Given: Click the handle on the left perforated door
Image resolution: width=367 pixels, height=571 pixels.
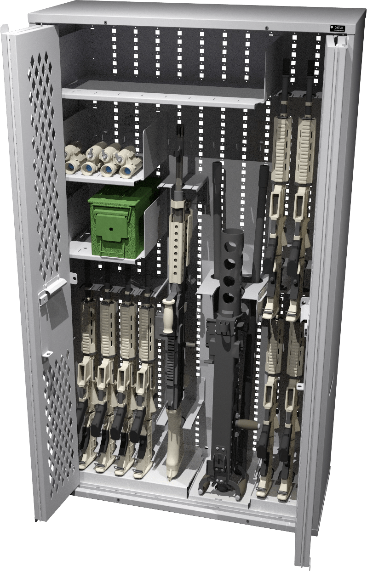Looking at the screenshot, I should pyautogui.click(x=52, y=290).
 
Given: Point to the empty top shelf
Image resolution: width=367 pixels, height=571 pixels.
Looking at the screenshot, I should pyautogui.click(x=161, y=94).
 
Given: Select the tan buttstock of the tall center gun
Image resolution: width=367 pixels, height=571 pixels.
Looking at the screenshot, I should pyautogui.click(x=176, y=441).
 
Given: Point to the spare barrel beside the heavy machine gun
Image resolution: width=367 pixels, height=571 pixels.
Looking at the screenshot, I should pyautogui.click(x=261, y=211).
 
